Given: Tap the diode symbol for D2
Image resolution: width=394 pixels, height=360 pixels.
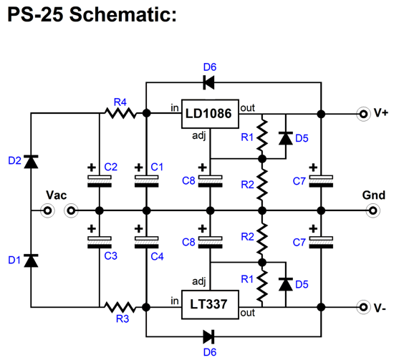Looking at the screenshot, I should click(31, 162).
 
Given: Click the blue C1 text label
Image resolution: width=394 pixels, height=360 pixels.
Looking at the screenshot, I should click(158, 167).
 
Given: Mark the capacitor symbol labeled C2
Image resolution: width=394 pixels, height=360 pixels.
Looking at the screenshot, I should click(97, 179).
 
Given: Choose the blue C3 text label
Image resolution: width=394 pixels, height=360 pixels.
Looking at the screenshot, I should click(110, 254).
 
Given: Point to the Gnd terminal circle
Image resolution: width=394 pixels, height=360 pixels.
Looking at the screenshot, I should click(373, 210).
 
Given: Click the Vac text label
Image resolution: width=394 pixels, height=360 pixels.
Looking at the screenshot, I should click(57, 195).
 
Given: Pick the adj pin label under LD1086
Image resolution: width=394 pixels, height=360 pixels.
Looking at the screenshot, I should click(198, 134).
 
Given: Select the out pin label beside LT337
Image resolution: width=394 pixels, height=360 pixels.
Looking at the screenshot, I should click(248, 313).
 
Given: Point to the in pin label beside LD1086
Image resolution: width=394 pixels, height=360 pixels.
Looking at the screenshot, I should click(174, 108).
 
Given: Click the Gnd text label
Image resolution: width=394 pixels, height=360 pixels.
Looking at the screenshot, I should click(373, 195).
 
